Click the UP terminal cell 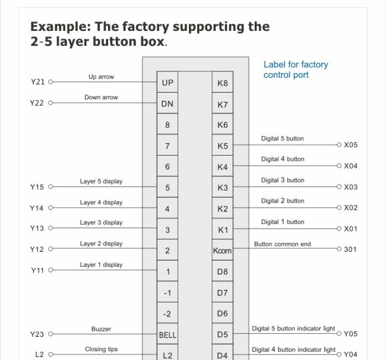coord(167,82)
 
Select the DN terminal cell coord(167,103)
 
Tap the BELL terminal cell coord(167,334)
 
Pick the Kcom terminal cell coord(223,250)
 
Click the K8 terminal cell coord(223,82)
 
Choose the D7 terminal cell coord(223,292)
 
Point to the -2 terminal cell coord(167,312)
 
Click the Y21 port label coord(37,82)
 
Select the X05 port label coord(350,145)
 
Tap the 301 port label coord(350,250)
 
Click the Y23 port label coord(37,334)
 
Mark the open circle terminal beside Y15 coord(50,187)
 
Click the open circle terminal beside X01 coord(339,229)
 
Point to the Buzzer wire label coord(101,329)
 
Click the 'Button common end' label coord(283,244)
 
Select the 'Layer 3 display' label coord(101,222)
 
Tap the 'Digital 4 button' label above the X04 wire coord(283,159)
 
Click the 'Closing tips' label coord(101,349)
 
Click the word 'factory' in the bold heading coord(145,27)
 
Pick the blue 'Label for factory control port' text coord(296,70)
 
